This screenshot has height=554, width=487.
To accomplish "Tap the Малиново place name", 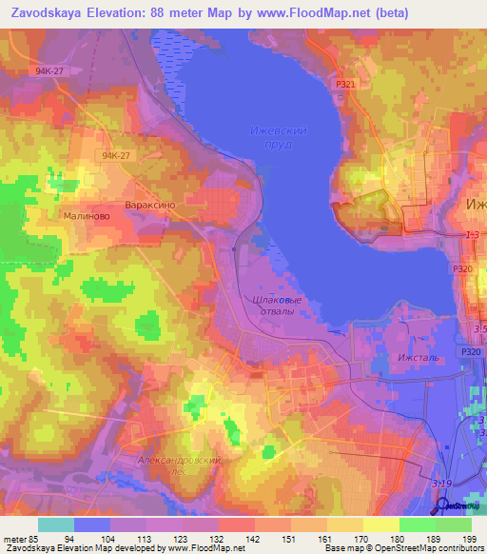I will (62, 217).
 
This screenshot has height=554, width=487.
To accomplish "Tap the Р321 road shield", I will (345, 85).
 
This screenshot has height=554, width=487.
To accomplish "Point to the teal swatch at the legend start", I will (56, 524).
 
